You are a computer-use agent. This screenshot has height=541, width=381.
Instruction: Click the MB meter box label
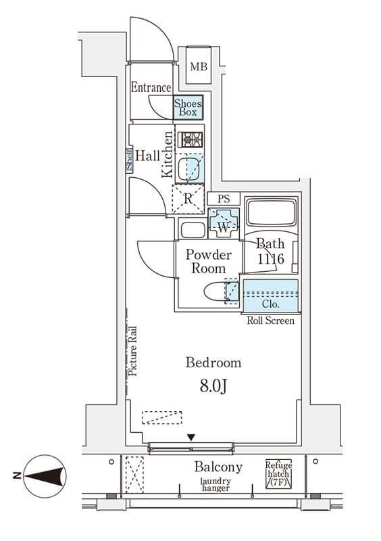coord(199,66)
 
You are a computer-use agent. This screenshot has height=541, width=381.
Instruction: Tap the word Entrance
coord(151,88)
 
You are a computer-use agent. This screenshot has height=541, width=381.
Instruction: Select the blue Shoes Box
coord(188,108)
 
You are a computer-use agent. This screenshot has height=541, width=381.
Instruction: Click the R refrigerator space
coord(188,199)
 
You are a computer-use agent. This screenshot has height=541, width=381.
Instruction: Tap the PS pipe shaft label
coord(224,199)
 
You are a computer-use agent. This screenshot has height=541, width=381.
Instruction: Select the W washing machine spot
coord(224,223)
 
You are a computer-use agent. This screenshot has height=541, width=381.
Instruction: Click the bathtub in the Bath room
coord(272,212)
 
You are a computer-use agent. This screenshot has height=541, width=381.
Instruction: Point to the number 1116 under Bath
coord(271,259)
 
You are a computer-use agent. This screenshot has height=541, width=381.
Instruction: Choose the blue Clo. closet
coord(271,296)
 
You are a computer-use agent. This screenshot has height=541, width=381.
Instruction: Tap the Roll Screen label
coord(271,321)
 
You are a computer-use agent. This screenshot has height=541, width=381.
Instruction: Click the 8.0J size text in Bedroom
coord(213,387)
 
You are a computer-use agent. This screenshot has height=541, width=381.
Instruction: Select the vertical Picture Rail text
coord(133,351)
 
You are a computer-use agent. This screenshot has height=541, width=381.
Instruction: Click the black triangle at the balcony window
coord(191,438)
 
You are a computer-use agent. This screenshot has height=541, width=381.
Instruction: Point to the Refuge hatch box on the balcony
coord(278,474)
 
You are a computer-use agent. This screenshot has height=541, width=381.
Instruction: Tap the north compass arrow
coord(45,476)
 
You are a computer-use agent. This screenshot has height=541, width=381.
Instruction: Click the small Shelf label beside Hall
coord(129,160)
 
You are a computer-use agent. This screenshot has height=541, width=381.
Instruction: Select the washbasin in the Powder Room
coord(193,230)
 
